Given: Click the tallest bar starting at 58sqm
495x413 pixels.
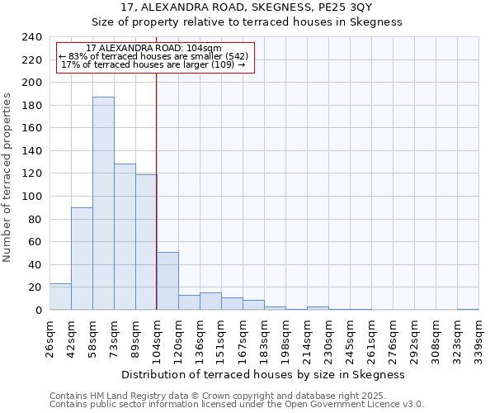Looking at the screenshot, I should (103, 203).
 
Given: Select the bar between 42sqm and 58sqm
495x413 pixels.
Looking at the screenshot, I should (82, 259).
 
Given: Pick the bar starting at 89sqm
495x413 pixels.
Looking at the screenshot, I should (146, 242).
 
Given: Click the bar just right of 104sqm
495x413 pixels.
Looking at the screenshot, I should (167, 281).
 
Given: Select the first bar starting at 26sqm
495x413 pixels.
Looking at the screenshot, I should (60, 297).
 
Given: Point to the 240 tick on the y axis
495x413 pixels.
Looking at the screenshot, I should (31, 37).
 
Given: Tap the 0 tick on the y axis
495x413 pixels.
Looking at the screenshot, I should (38, 311).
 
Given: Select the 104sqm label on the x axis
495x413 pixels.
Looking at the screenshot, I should (157, 338).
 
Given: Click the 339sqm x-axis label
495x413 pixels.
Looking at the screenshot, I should (478, 338).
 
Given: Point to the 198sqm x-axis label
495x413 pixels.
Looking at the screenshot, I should (285, 338).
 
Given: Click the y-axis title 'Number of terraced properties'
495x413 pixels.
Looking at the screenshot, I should (7, 178).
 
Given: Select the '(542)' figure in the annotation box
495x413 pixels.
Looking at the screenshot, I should (232, 56).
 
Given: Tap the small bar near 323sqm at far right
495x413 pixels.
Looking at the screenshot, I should (468, 309).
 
